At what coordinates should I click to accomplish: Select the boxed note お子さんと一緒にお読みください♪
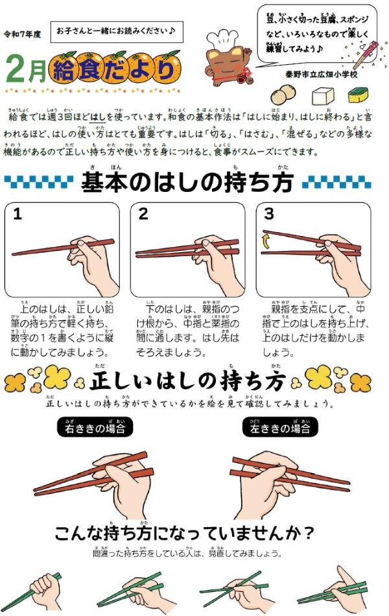116,31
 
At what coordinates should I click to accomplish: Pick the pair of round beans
283,95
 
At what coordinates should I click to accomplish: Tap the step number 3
268,215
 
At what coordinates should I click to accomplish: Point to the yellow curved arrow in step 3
265,241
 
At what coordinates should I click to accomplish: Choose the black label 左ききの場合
280,428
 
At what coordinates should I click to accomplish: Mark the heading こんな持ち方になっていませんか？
185,533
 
